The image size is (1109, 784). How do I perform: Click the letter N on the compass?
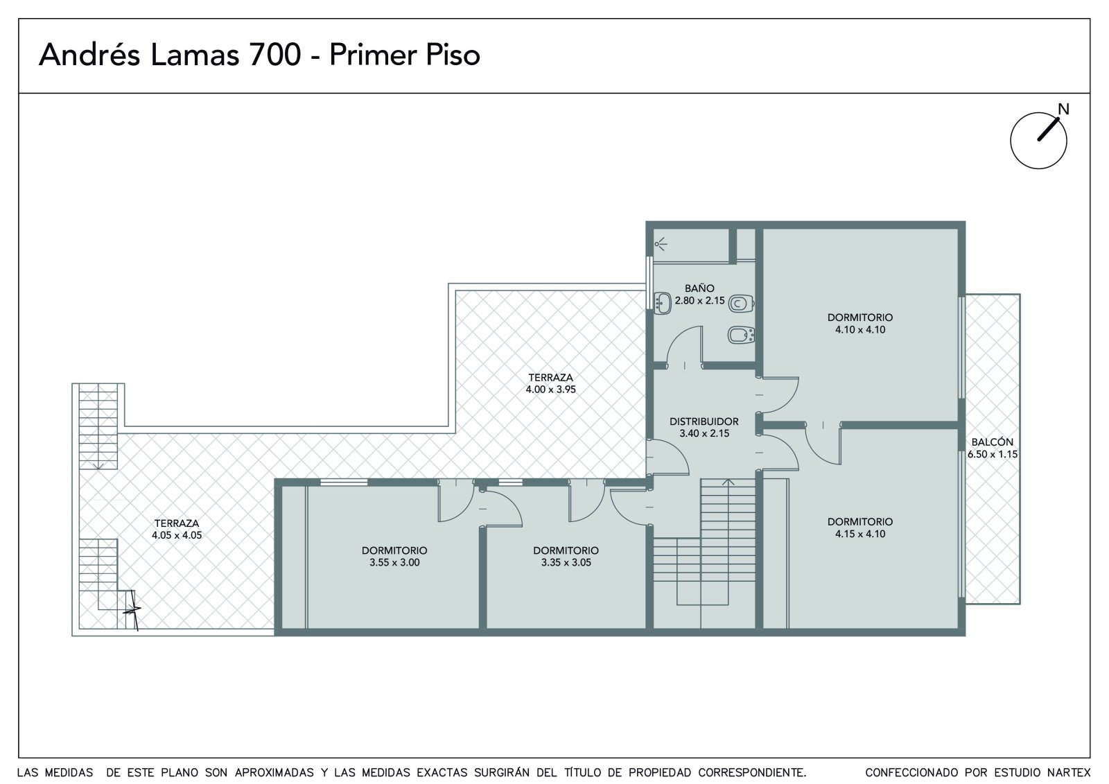(1063, 109)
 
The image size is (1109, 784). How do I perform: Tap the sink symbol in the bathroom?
(663, 304)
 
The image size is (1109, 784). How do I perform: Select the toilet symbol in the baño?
(741, 304)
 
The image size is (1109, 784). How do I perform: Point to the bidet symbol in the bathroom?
(741, 336)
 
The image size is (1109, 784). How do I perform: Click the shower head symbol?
(661, 244)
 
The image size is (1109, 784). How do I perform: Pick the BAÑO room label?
(699, 288)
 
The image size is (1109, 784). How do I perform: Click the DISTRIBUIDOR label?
(704, 421)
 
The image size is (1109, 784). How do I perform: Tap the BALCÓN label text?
(992, 442)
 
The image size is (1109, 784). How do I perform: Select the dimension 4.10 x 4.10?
(860, 330)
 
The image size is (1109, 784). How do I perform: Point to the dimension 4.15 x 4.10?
(860, 534)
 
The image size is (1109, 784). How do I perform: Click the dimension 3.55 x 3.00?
(394, 563)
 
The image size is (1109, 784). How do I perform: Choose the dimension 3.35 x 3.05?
(566, 563)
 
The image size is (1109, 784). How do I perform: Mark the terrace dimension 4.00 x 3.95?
(550, 390)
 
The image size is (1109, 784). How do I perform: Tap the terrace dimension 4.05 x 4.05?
(177, 535)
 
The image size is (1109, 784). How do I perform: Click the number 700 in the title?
(274, 55)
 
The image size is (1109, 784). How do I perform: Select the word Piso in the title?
(453, 55)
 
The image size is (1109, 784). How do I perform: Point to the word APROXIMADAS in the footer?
(274, 773)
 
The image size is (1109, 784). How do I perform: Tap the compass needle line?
(1048, 130)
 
